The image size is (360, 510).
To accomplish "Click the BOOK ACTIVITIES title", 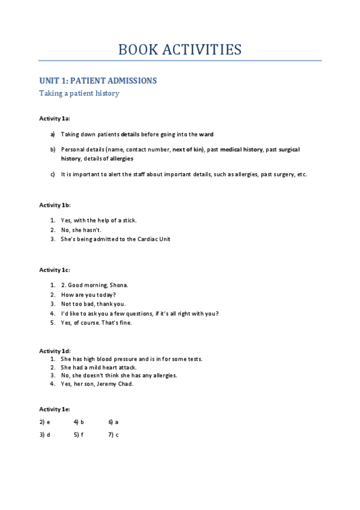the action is (x=180, y=49).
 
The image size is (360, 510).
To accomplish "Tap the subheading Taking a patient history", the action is (x=79, y=93).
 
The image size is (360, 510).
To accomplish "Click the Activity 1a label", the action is (x=55, y=118).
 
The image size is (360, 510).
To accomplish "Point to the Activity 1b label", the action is (x=55, y=205).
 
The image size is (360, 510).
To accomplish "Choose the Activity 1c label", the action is (x=55, y=269).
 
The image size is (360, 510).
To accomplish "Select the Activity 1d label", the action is (x=55, y=351).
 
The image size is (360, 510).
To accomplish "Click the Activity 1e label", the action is (x=55, y=409).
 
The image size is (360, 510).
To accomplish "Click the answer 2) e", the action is (x=44, y=422).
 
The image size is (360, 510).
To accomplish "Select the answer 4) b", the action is (x=79, y=422).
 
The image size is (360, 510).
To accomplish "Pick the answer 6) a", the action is (x=113, y=422).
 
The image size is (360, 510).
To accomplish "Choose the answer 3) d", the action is (x=44, y=434).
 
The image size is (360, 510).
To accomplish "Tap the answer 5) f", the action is (x=79, y=434).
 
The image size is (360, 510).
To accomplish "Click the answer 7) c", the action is (x=113, y=434).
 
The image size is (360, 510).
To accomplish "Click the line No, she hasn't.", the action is (x=81, y=230).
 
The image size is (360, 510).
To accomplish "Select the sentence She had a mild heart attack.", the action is (x=99, y=367).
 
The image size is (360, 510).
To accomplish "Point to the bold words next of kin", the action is (x=188, y=149).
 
